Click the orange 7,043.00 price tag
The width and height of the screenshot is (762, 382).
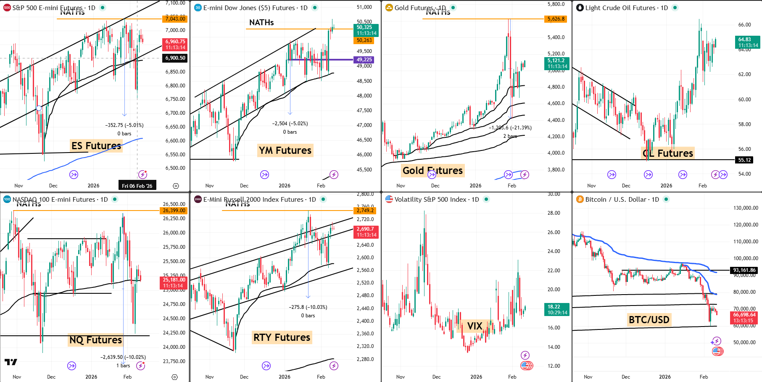175,19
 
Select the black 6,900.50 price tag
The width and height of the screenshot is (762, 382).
175,58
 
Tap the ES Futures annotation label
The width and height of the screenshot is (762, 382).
96,146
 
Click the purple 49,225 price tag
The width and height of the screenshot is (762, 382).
364,60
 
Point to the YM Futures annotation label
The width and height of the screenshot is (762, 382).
285,150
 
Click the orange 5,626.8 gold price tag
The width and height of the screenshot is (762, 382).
556,19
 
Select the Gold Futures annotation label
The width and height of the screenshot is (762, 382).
432,170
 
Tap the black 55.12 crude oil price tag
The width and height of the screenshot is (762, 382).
744,160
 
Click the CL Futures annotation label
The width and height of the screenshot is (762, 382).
668,153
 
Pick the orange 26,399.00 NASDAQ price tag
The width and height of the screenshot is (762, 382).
174,211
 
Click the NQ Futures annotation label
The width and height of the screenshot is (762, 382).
95,340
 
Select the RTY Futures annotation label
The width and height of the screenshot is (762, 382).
282,337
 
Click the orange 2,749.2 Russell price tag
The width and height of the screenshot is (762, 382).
365,211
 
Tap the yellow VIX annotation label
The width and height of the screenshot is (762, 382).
475,326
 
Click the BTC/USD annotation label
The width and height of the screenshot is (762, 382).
649,320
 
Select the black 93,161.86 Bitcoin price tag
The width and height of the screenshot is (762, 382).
744,270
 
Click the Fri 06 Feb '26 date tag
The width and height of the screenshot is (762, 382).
137,186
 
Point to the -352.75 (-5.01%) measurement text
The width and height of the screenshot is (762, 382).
124,125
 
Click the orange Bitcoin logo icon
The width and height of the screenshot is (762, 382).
579,199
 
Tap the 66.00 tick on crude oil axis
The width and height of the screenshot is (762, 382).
744,25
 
